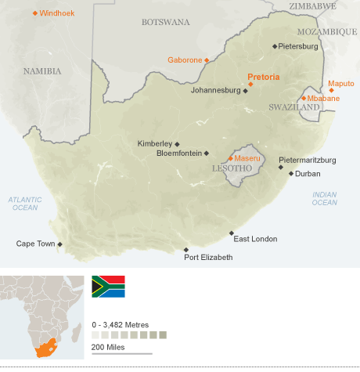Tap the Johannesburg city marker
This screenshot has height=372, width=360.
click(245, 91)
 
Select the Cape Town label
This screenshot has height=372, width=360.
click(35, 244)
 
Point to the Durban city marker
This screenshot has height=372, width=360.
click(291, 174)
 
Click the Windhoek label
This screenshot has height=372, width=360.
click(57, 13)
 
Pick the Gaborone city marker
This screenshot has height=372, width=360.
click(207, 60)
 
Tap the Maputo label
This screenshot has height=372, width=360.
click(340, 83)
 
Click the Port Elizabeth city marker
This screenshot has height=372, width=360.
click(185, 249)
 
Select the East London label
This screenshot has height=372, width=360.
click(255, 239)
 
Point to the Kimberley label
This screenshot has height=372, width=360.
click(154, 143)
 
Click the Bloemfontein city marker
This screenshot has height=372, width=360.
click(207, 153)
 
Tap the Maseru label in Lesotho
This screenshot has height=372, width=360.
click(247, 158)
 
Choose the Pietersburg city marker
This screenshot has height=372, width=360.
click(275, 46)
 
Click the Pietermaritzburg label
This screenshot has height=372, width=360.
click(308, 160)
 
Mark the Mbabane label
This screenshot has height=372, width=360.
click(323, 98)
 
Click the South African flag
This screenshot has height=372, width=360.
click(108, 286)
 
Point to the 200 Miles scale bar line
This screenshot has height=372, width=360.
click(122, 353)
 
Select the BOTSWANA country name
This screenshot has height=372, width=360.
click(165, 22)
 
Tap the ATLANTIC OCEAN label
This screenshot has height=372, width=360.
click(24, 204)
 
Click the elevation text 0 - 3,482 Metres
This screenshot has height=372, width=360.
click(120, 324)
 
